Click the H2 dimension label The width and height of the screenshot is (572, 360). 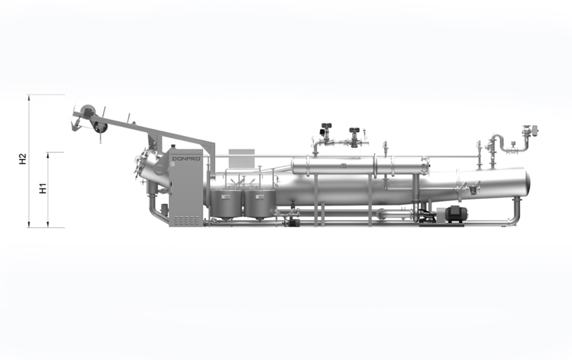[x=23, y=159]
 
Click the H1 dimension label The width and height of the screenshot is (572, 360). [x=43, y=189]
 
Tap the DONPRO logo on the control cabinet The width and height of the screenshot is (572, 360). [x=186, y=159]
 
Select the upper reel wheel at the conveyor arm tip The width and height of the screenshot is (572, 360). [x=88, y=111]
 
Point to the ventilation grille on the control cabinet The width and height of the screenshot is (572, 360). [x=186, y=220]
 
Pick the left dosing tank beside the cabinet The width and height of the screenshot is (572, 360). [x=226, y=204]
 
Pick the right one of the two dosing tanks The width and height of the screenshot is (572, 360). [x=260, y=204]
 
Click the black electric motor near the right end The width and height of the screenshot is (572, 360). [x=454, y=214]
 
